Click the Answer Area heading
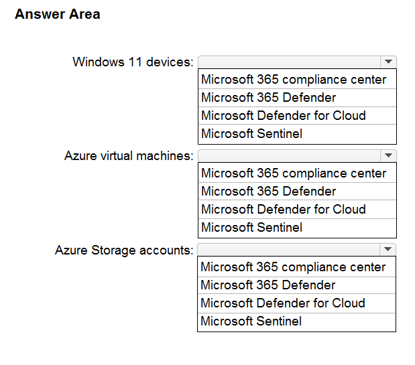(x=58, y=14)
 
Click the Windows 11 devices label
(x=133, y=62)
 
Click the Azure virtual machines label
(x=129, y=155)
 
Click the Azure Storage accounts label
(x=125, y=250)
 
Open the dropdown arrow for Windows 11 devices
(x=388, y=62)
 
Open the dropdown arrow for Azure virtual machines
(x=388, y=155)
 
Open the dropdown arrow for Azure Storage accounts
(x=388, y=249)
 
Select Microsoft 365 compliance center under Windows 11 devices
(x=294, y=79)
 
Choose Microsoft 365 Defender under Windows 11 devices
(x=269, y=98)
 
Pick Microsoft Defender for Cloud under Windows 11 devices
(x=284, y=115)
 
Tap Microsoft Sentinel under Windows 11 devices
(x=251, y=133)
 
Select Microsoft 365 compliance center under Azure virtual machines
(x=294, y=173)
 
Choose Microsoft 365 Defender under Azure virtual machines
(x=269, y=191)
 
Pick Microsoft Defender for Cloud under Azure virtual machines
(x=284, y=210)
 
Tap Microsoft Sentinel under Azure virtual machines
(x=251, y=227)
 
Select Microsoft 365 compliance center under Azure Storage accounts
(x=293, y=267)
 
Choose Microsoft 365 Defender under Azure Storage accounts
(x=268, y=285)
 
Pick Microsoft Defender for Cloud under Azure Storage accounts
(x=283, y=303)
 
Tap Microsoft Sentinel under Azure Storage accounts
(x=251, y=321)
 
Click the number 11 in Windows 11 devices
(x=135, y=62)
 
